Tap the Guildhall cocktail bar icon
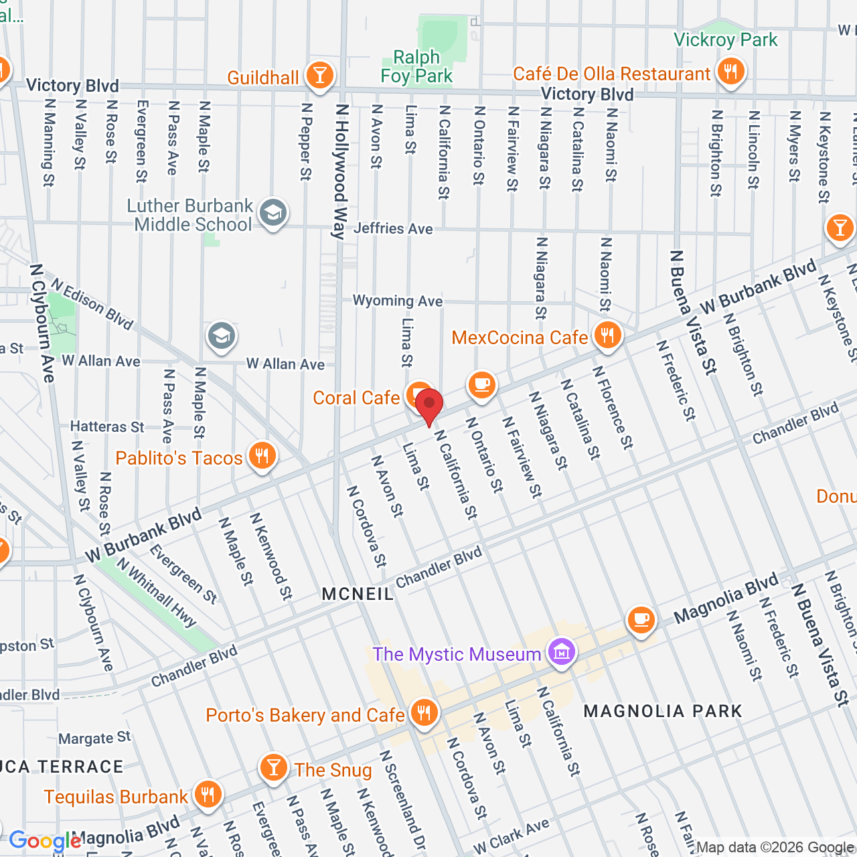tap(320, 75)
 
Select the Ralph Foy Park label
tap(416, 66)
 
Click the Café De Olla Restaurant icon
tap(730, 71)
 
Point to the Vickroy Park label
tap(726, 40)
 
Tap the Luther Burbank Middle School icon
tap(272, 213)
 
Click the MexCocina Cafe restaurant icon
tap(607, 335)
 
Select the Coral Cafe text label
tap(356, 398)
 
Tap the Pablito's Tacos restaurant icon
tap(262, 456)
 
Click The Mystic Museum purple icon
tap(561, 651)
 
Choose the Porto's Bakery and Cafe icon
tap(424, 713)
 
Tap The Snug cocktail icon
tap(274, 767)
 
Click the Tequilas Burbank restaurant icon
tap(208, 795)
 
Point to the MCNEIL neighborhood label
tap(358, 594)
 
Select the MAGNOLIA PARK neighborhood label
tap(663, 711)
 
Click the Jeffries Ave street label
tap(393, 228)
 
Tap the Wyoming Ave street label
tap(398, 301)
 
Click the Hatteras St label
tap(107, 426)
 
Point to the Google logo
tap(45, 841)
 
